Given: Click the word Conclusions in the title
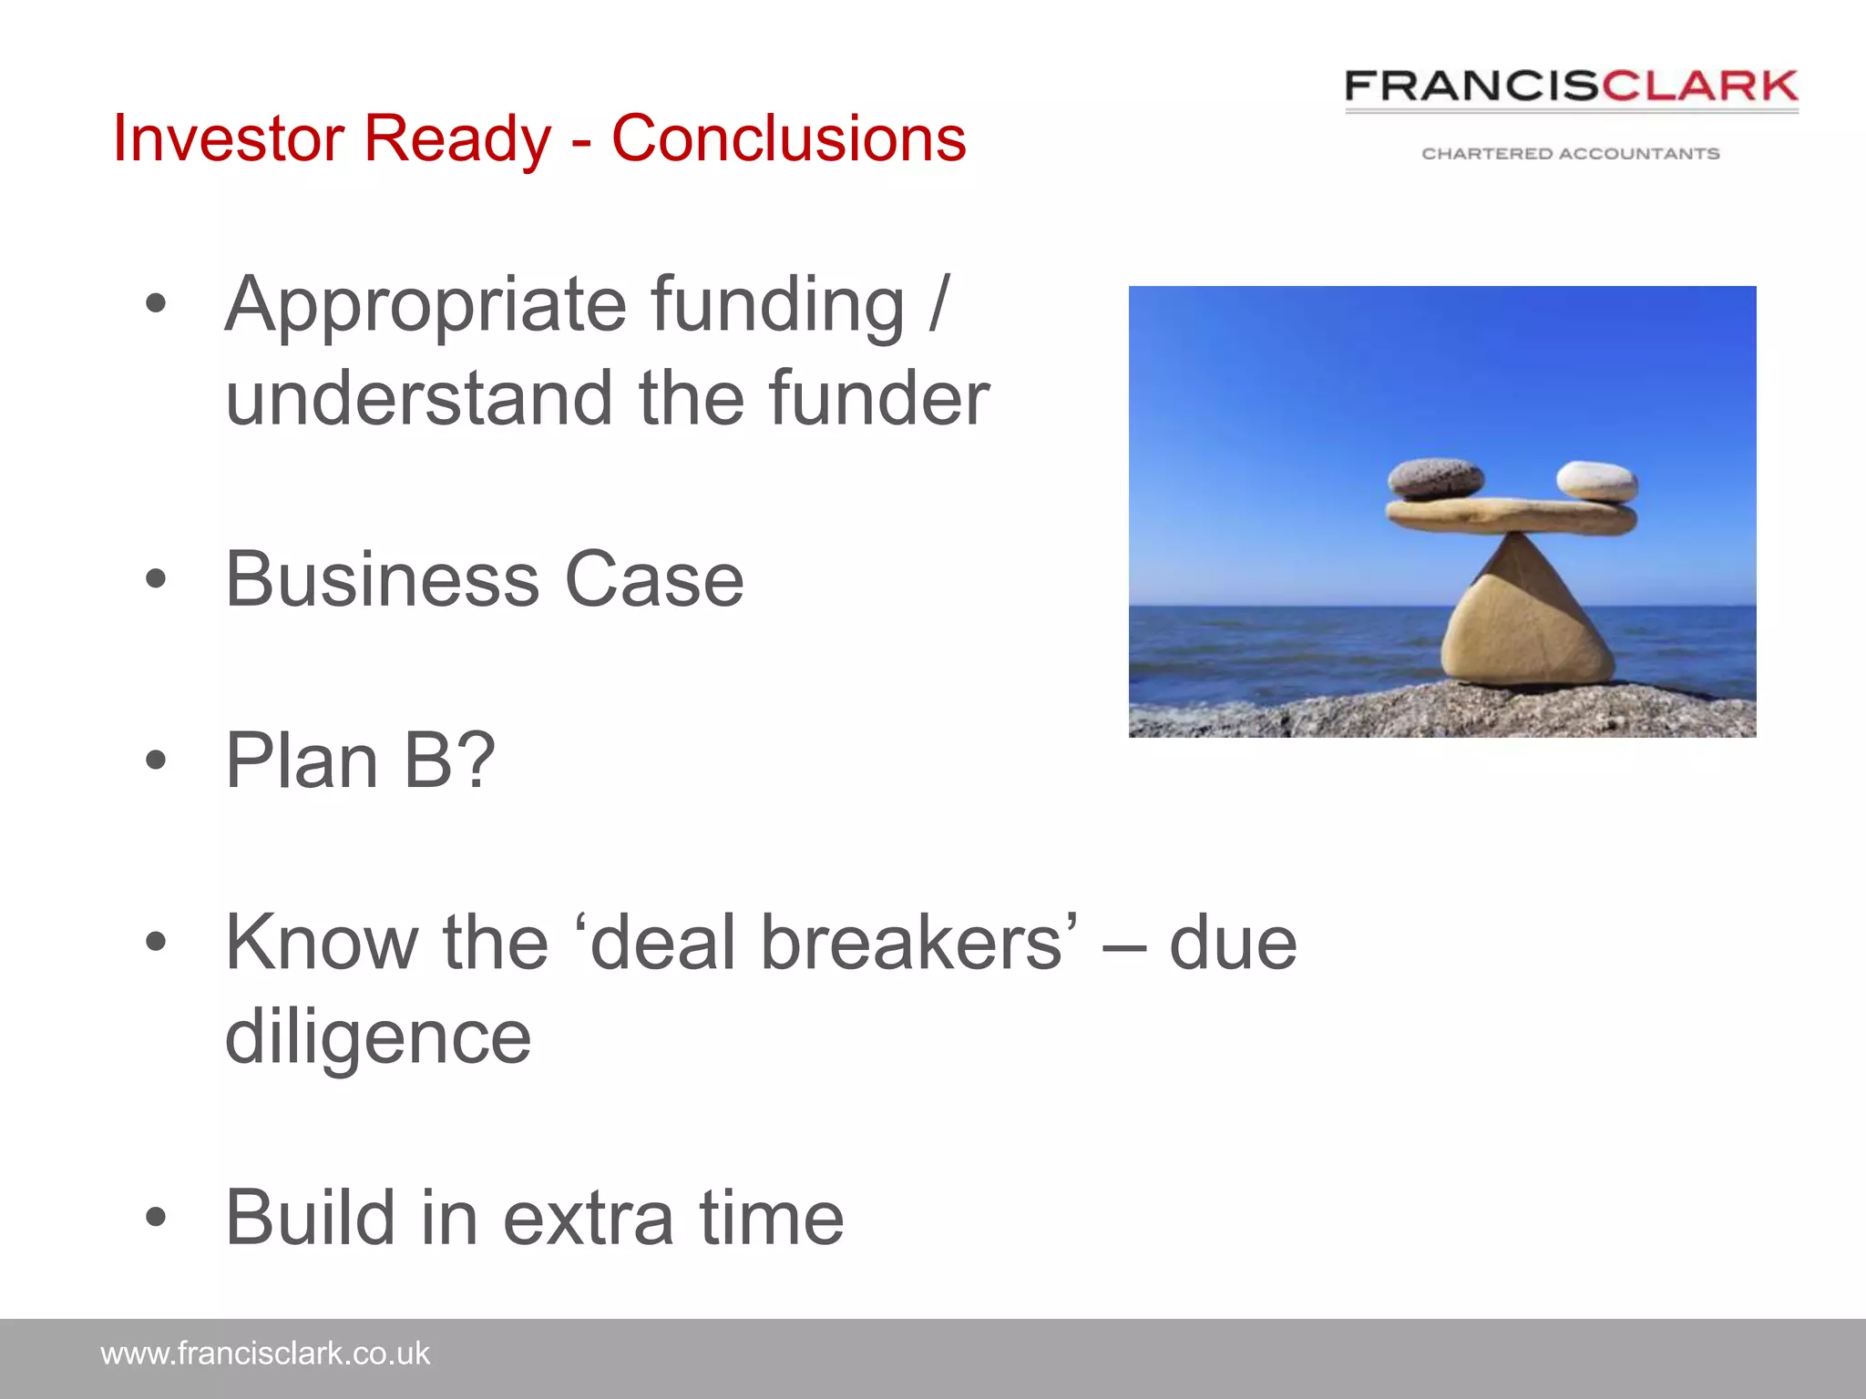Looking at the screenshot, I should (788, 138).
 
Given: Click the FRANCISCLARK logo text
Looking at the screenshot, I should (1571, 87).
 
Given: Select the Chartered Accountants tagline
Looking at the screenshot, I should (1571, 154).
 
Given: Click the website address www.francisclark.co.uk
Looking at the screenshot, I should (265, 1353).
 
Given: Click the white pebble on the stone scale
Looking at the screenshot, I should (1596, 480).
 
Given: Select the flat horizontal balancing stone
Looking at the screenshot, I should (1511, 516).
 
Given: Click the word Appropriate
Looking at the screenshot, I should (425, 306).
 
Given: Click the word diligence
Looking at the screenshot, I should (378, 1038).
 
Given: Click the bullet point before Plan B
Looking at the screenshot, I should (157, 761).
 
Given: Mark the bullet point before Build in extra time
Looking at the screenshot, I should (157, 1218).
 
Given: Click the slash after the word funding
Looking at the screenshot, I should (939, 306).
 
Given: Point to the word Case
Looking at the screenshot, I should (654, 579).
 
